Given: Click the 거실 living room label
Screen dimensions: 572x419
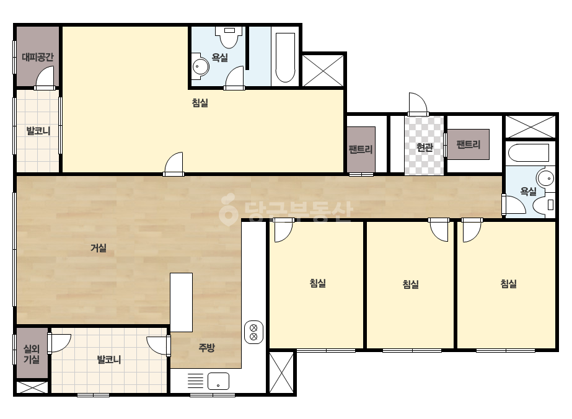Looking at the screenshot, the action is click(x=99, y=248).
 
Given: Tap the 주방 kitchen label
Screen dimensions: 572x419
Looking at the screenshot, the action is click(x=206, y=348).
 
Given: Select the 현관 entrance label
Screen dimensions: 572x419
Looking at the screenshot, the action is click(x=425, y=148).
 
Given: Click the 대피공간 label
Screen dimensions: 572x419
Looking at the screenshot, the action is click(x=38, y=57).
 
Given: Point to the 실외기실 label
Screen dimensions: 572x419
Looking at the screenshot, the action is click(x=32, y=354).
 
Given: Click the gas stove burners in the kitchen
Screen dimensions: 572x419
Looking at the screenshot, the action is click(x=253, y=332).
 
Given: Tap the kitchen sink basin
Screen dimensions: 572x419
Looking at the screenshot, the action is click(x=218, y=381).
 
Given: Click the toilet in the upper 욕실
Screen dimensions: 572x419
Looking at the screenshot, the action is click(x=229, y=37).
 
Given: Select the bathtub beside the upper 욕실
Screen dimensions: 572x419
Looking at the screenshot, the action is click(x=285, y=58).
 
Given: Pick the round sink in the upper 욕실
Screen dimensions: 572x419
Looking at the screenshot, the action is click(x=200, y=66).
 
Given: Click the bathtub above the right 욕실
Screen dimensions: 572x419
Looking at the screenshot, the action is click(x=529, y=153).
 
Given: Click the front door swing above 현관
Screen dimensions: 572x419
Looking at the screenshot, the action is click(x=418, y=104).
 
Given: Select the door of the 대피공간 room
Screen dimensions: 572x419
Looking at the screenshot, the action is click(x=45, y=77).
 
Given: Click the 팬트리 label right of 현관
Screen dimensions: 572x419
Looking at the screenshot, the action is click(x=469, y=144).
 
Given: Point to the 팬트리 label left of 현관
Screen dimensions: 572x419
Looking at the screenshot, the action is click(x=361, y=149).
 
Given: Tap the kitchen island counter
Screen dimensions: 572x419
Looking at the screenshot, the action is click(x=182, y=302).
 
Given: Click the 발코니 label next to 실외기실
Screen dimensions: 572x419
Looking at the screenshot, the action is click(x=108, y=360).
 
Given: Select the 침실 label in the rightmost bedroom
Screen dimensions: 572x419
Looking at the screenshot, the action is click(x=509, y=284).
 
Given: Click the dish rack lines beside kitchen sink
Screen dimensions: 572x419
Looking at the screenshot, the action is click(x=196, y=381).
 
